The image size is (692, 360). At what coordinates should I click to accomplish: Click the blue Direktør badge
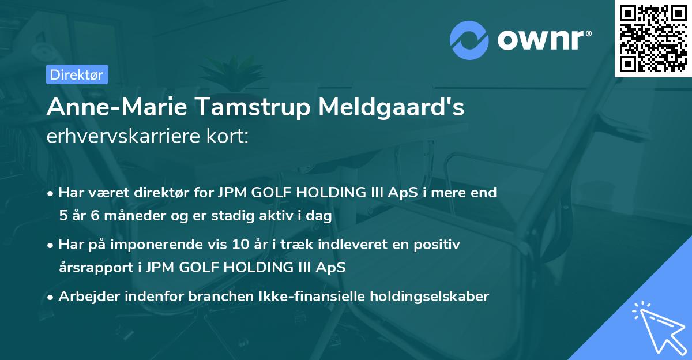point(77,74)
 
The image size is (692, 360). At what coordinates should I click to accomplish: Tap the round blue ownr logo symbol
point(469,39)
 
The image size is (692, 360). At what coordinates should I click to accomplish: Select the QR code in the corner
point(653,39)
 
